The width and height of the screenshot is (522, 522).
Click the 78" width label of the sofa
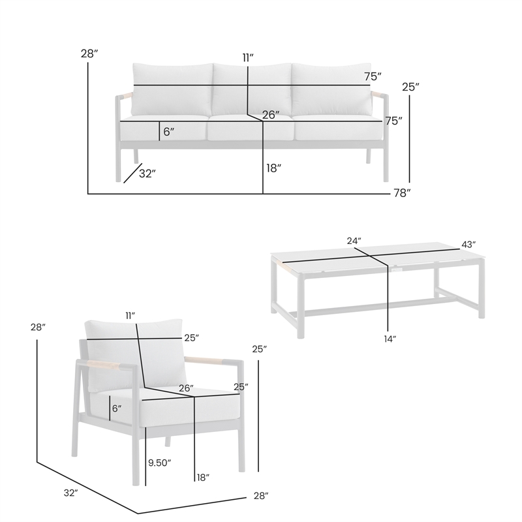402,192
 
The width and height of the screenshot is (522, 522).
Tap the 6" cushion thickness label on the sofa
169,132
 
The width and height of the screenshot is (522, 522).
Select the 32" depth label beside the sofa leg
147,174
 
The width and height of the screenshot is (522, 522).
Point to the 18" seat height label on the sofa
274,168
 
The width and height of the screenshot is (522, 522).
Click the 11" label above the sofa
248,58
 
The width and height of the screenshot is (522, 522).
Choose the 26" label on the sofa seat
271,115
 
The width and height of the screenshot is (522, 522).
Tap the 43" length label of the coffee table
468,245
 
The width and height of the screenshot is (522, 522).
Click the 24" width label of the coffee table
354,241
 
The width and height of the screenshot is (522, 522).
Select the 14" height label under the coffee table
390,339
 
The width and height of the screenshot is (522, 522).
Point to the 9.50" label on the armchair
159,463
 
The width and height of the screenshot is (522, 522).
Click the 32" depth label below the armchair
71,493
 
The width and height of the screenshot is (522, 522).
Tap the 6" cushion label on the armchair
117,408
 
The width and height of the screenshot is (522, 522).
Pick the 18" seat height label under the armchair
203,478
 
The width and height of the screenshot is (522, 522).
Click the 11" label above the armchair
130,316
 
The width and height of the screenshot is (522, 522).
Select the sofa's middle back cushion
252,89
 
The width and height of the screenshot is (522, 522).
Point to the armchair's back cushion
136,354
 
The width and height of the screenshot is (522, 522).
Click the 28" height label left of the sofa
89,54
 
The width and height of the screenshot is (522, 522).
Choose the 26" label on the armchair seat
186,388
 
